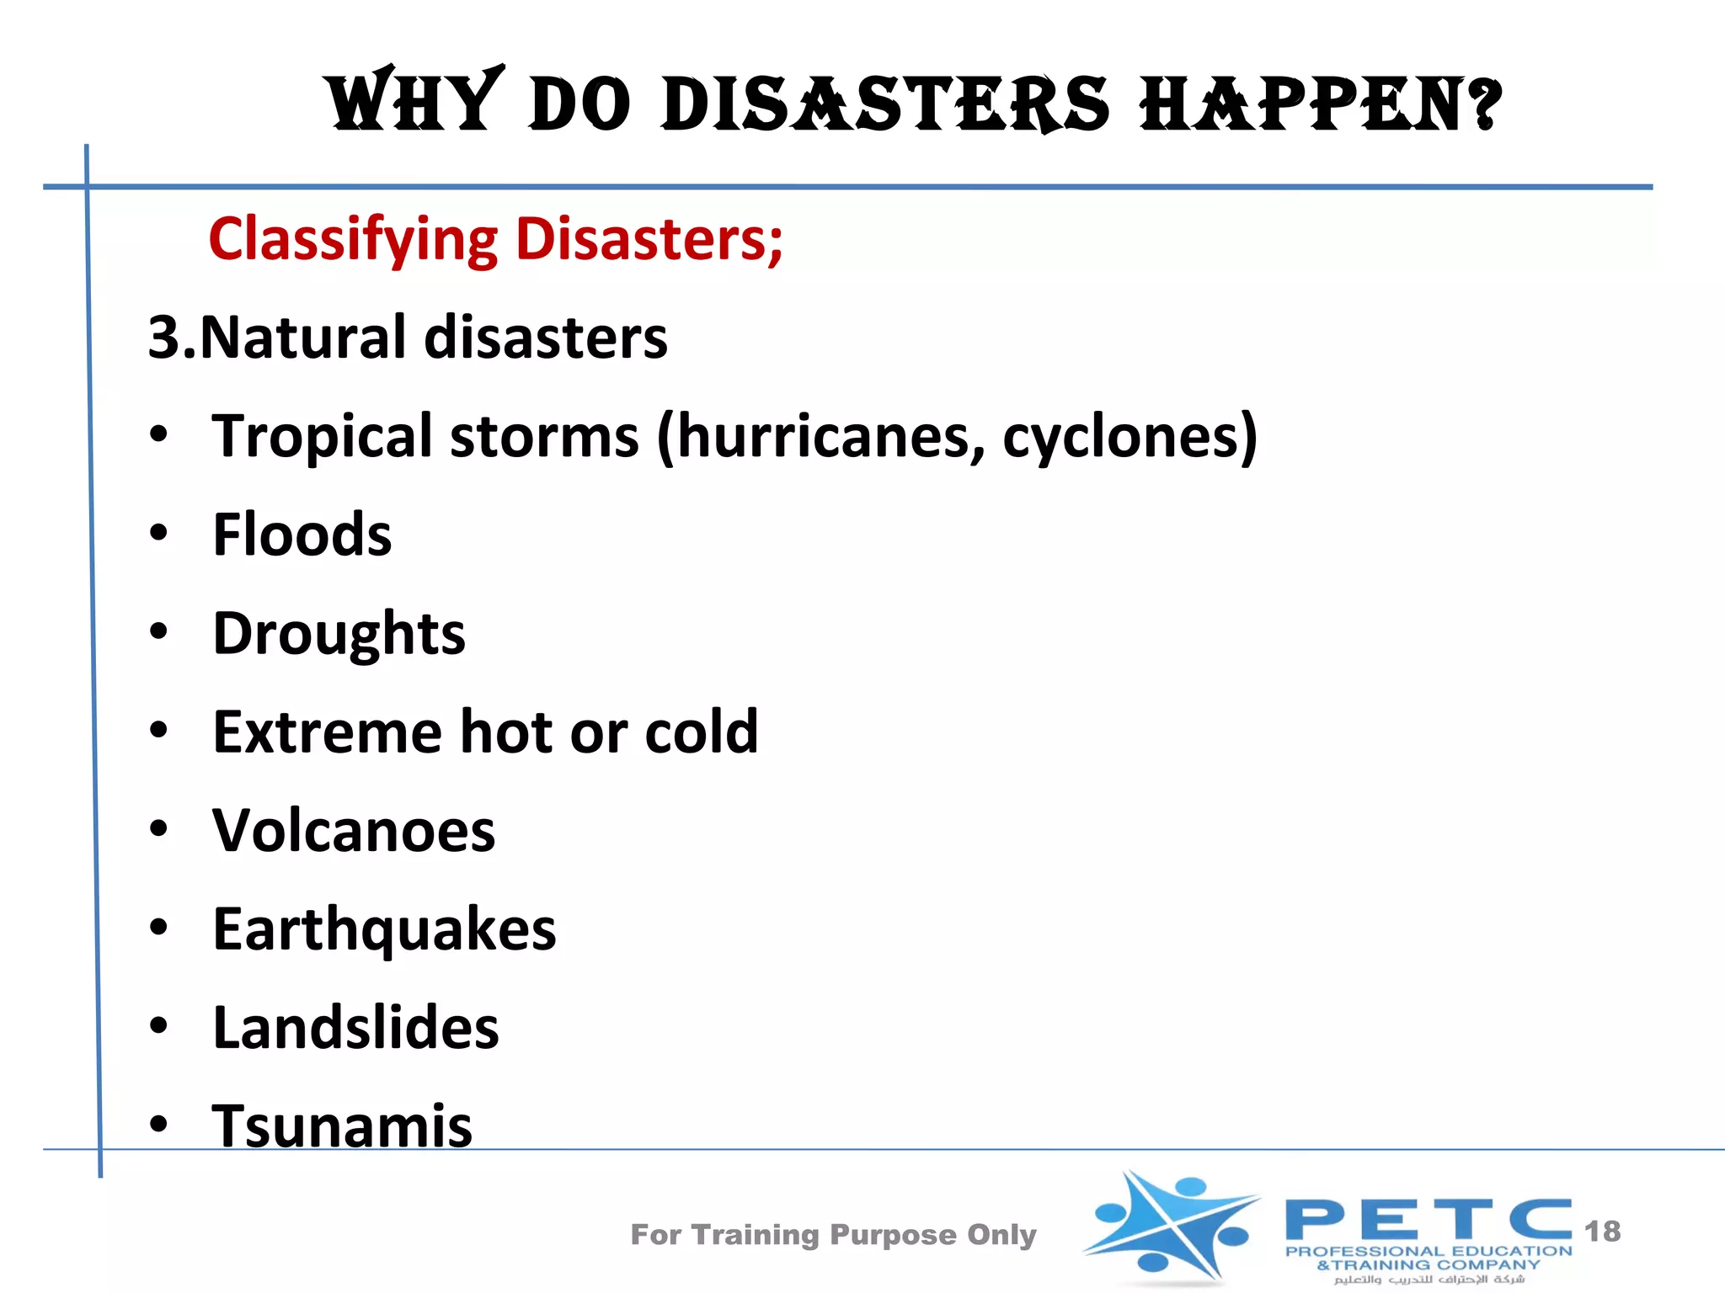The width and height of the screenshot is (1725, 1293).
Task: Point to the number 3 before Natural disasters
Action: [164, 338]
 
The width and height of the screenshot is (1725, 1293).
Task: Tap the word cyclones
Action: [1120, 437]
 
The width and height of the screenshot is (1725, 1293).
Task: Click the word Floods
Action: [302, 535]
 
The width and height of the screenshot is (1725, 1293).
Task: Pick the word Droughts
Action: [339, 634]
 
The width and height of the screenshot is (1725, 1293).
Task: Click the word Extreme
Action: [327, 732]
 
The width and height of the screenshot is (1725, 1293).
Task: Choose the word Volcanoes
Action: [354, 831]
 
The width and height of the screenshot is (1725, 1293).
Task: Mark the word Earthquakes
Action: [384, 930]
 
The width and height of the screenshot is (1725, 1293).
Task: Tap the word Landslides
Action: [355, 1028]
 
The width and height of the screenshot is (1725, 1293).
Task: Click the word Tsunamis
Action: [342, 1126]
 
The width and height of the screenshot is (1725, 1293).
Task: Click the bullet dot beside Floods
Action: [158, 533]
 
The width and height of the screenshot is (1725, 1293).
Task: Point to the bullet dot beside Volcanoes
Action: [158, 829]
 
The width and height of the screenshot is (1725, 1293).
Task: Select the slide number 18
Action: [1602, 1232]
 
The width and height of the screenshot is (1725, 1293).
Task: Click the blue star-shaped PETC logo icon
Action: [1171, 1227]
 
